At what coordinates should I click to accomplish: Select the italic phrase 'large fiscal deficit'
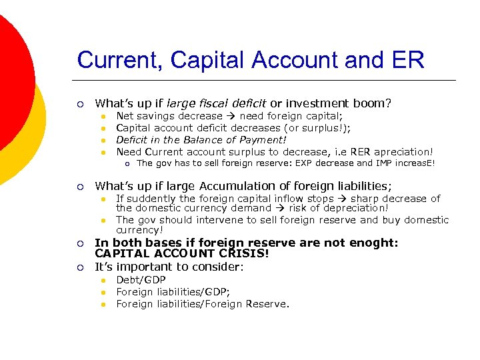click(x=216, y=103)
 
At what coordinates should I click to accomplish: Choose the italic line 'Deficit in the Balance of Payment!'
click(x=201, y=140)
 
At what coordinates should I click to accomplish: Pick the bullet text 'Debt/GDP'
click(x=141, y=280)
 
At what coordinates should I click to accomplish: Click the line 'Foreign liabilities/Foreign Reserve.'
click(x=203, y=304)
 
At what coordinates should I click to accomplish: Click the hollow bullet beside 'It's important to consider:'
click(x=81, y=268)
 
